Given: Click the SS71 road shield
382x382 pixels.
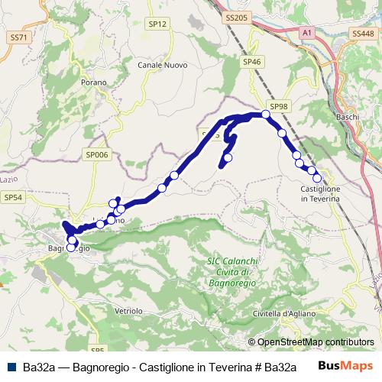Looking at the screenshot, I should coord(18,37).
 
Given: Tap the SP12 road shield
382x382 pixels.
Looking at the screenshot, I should coord(157,24).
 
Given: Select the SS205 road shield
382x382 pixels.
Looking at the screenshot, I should coord(238,17).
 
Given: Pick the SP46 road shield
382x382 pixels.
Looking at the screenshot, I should coord(251,61).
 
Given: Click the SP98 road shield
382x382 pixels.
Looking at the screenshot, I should coord(279,106).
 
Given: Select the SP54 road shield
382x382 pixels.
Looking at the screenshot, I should coord(13,197).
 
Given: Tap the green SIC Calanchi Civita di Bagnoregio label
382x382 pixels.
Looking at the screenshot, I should coord(234,273).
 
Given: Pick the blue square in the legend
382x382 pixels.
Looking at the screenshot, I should coord(11,367).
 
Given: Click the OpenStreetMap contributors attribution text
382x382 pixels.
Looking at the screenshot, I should coord(316,343).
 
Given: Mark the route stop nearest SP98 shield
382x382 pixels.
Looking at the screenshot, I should coord(266,115).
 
